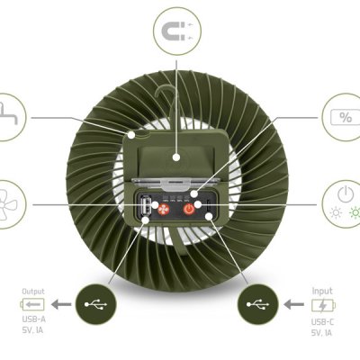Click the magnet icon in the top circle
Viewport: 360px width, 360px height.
(173, 31)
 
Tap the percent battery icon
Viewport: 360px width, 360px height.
(345, 117)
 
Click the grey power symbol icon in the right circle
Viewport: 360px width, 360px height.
(346, 194)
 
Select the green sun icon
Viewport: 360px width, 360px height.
(355, 212)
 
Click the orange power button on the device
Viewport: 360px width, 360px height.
(189, 209)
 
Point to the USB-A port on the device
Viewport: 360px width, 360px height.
(146, 206)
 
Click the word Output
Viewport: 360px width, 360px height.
(33, 292)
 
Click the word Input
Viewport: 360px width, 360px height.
(322, 291)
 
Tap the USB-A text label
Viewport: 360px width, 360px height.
(34, 319)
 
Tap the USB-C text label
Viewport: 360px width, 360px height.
(322, 322)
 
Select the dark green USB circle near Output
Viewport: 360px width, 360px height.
(96, 304)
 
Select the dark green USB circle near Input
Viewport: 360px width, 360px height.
(258, 304)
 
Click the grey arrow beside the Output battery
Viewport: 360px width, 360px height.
(61, 304)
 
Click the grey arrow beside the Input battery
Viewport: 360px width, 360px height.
(293, 305)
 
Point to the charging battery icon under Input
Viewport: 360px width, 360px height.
(323, 305)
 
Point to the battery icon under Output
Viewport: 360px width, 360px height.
(32, 304)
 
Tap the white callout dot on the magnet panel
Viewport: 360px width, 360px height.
(176, 157)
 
